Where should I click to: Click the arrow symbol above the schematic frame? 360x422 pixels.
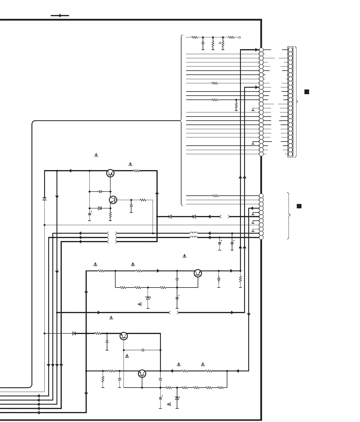point(60,16)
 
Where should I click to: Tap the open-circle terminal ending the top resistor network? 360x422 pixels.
point(240,37)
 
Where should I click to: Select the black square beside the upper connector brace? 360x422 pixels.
point(306,92)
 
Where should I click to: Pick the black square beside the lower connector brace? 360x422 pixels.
point(299,206)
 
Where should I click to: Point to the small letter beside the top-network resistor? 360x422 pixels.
point(220,43)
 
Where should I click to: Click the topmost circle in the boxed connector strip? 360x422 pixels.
point(290,50)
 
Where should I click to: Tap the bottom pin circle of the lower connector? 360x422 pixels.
point(261,237)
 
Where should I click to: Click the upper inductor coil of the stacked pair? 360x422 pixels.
point(194,233)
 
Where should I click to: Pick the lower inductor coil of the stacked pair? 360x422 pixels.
point(194,237)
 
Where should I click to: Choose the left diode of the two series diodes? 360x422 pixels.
point(170,217)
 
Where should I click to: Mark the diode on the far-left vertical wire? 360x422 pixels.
point(44,199)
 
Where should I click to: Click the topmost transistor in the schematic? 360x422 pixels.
point(110,173)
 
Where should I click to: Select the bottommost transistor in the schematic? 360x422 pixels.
point(142,374)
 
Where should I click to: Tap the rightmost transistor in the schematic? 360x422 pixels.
point(198,273)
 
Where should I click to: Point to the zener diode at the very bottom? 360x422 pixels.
point(177,398)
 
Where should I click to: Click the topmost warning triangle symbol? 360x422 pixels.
point(96,155)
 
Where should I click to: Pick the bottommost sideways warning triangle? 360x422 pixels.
point(169,404)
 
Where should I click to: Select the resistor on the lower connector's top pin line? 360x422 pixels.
point(216,196)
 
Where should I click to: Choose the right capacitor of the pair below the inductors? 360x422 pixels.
point(232,243)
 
